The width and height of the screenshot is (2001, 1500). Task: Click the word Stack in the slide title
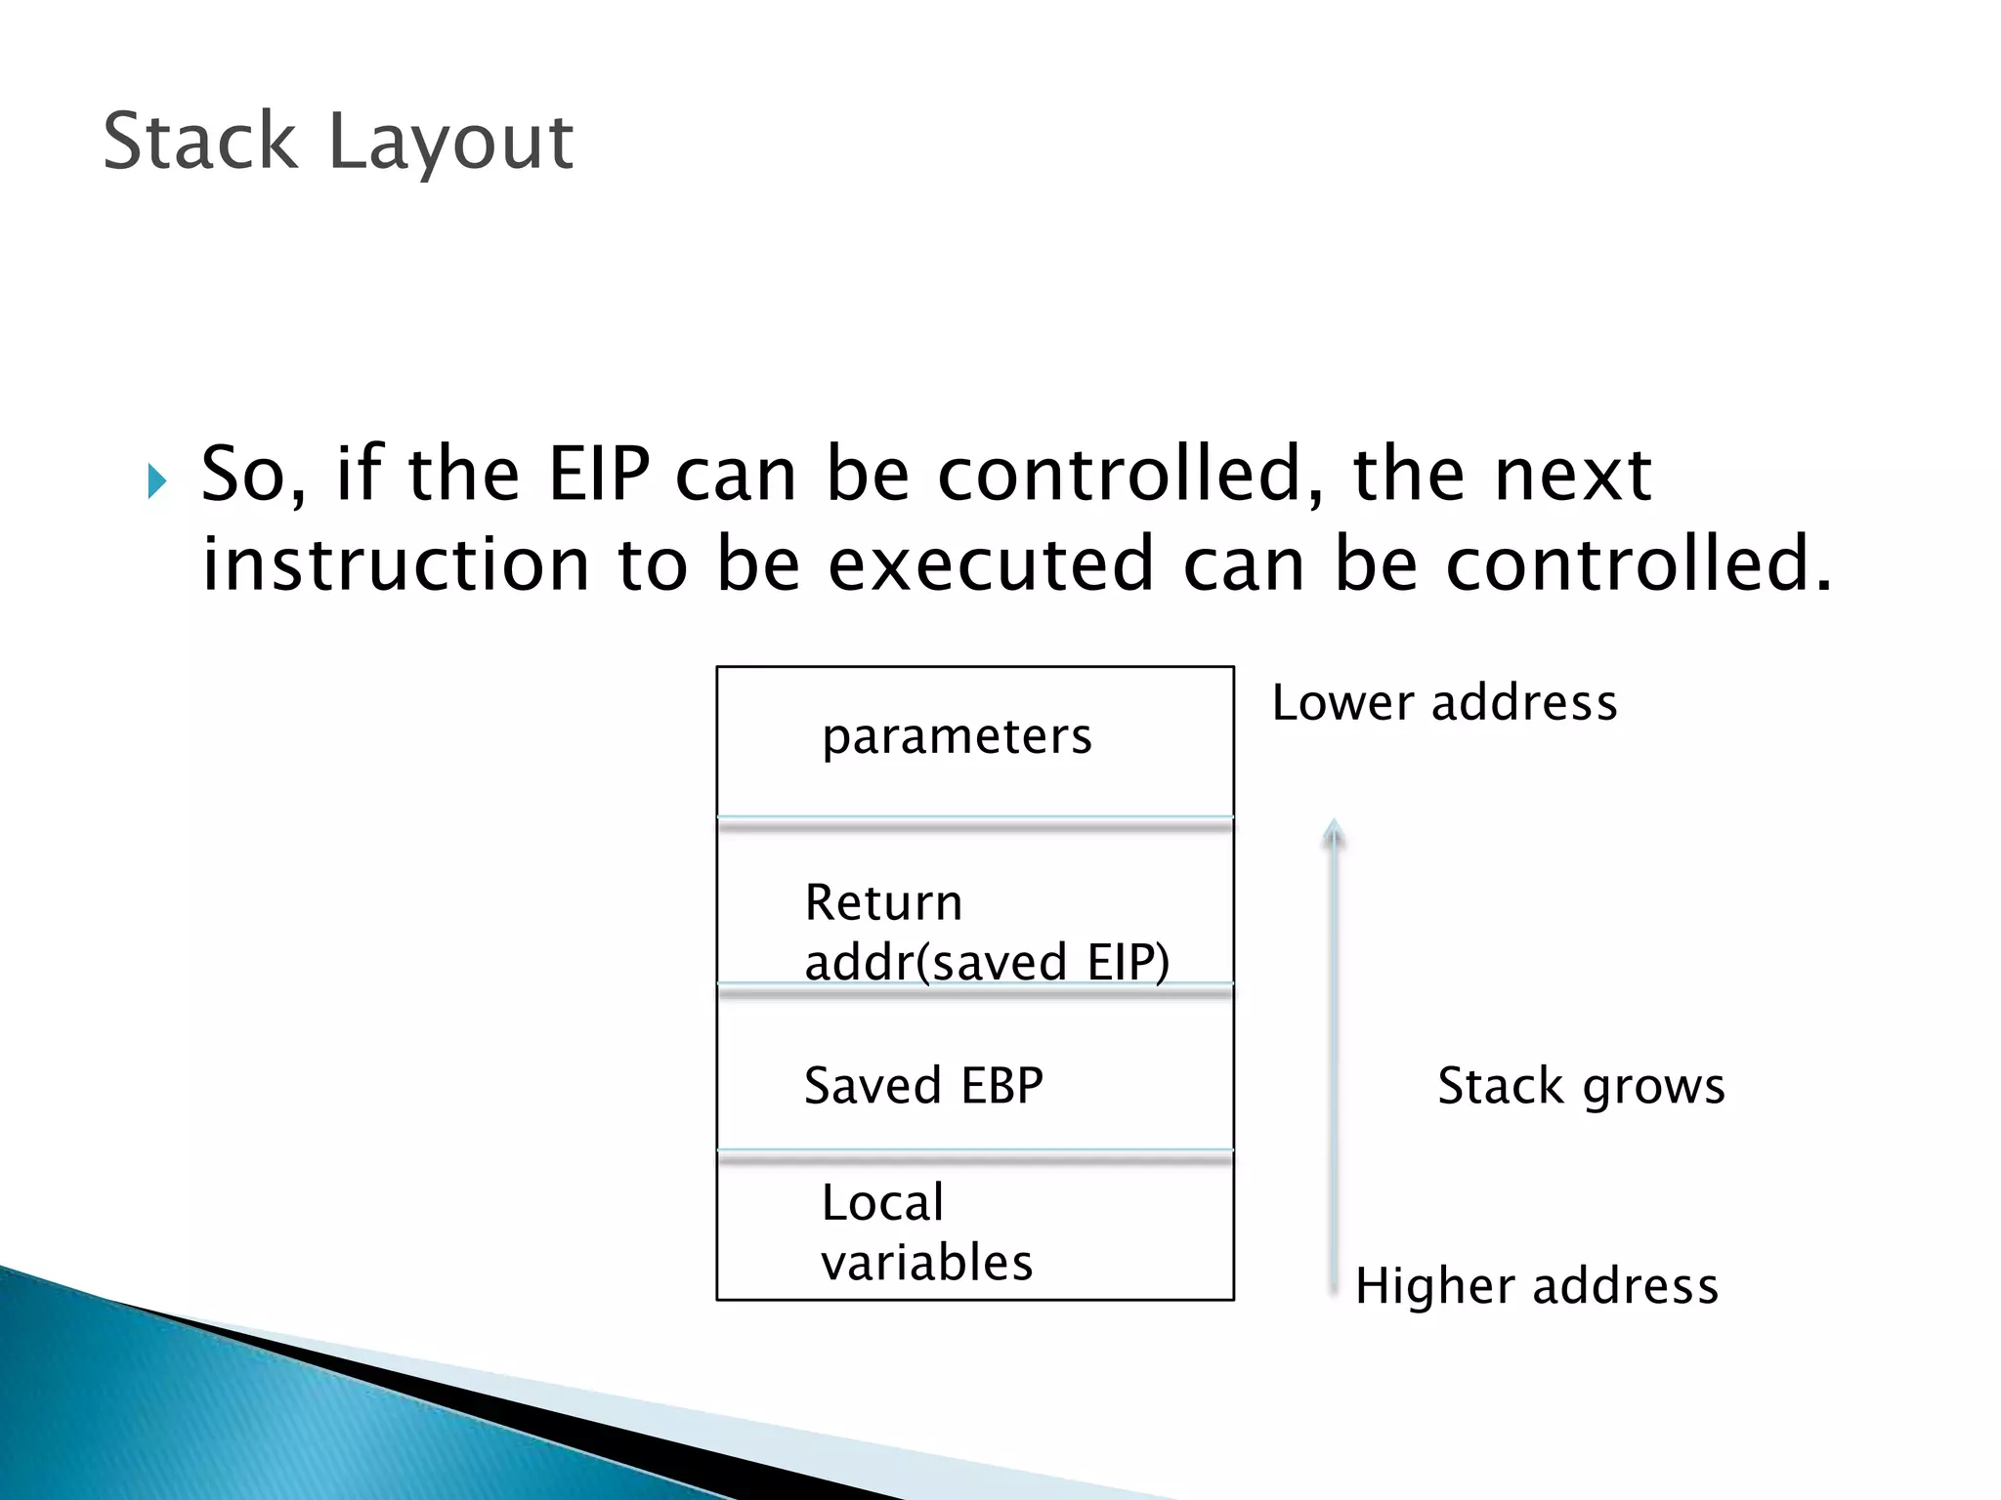coord(199,142)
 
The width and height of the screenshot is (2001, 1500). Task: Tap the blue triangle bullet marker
coord(157,481)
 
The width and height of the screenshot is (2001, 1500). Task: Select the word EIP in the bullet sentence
coord(598,475)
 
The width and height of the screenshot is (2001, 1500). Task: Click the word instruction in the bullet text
coord(396,564)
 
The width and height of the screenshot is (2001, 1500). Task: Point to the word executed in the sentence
coord(991,564)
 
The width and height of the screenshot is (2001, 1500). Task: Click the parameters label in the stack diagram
coord(957,736)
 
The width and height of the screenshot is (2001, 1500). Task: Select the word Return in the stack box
coord(883,902)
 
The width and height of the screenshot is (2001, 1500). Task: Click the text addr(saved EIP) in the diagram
coord(986,962)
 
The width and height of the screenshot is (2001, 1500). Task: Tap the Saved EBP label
coord(923,1086)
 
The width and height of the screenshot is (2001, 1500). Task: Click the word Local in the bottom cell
coord(882,1202)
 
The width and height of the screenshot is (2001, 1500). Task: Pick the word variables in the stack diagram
coord(926,1263)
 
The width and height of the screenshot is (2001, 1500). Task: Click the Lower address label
coord(1443,703)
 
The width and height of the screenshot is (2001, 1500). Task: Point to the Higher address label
coord(1536,1286)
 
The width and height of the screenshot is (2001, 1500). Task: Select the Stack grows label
coord(1581,1086)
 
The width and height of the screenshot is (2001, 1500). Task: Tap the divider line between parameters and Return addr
coord(975,822)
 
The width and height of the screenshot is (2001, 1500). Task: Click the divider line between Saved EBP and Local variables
coord(975,1155)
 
